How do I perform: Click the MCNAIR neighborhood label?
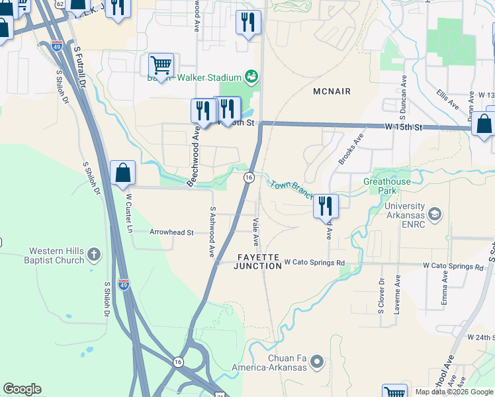pos(333,91)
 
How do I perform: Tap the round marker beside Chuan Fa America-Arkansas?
pos(316,361)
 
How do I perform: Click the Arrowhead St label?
pos(171,233)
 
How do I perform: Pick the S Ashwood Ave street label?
pos(212,232)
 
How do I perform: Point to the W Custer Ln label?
pos(129,211)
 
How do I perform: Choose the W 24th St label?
pos(480,337)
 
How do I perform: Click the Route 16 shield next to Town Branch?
pos(249,177)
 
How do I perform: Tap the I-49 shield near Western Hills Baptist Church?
pos(124,285)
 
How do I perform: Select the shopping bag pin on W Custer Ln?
pos(122,173)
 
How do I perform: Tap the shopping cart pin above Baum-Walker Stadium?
pos(161,65)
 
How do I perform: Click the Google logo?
pos(22,389)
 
